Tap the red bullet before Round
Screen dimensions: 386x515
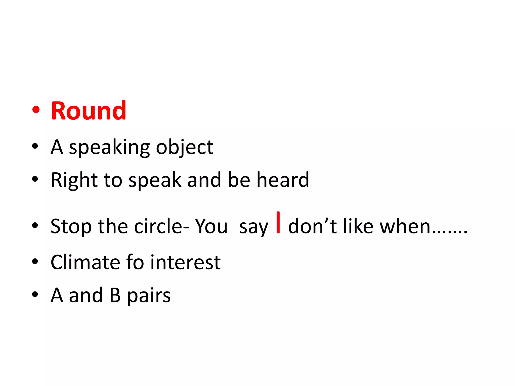pos(36,110)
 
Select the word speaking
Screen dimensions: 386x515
pos(109,148)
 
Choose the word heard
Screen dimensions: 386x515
pos(283,180)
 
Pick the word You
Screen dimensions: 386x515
pos(211,226)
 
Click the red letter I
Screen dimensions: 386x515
pos(278,223)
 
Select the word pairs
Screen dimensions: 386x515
pos(149,296)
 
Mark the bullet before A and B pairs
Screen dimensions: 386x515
pos(35,294)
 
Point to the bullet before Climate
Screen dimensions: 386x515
pos(35,261)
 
